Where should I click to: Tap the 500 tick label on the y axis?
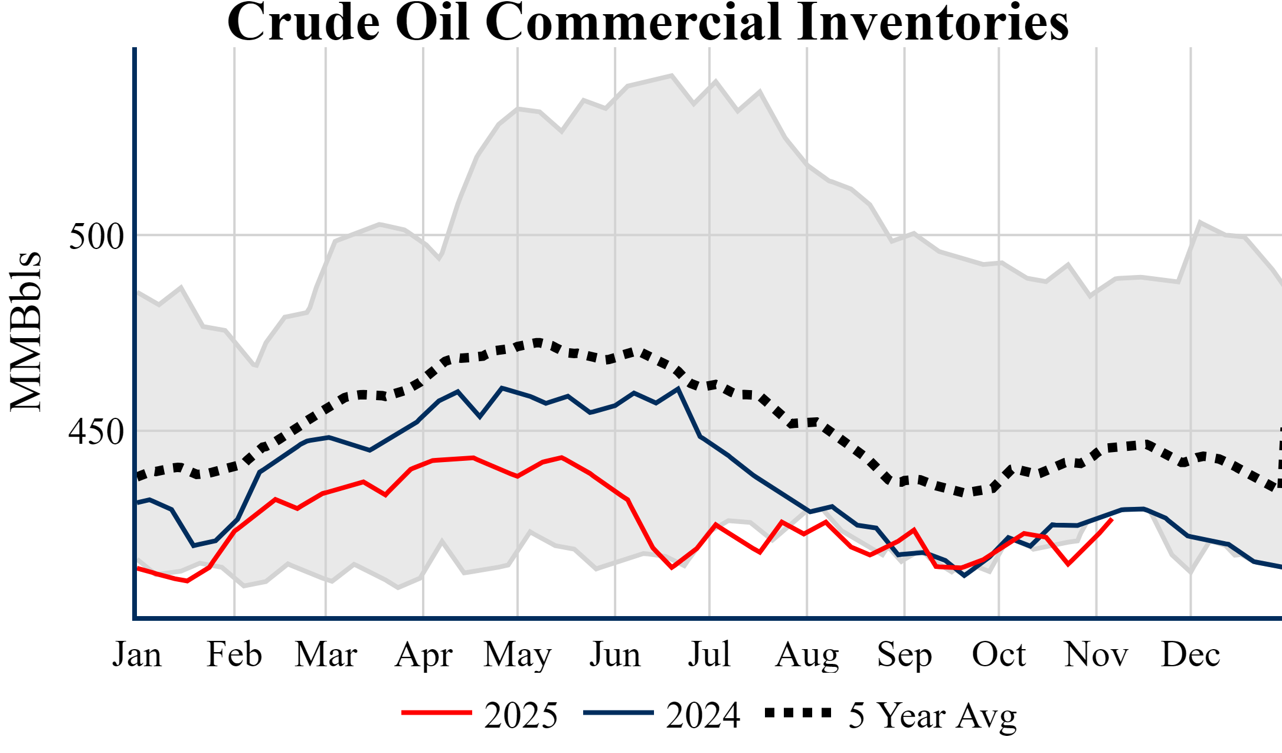pos(96,237)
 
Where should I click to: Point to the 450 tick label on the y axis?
pos(96,432)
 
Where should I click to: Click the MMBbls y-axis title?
pos(26,332)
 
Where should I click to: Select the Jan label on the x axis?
pos(137,654)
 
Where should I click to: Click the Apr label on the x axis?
pos(423,654)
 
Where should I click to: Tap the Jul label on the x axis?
pos(709,654)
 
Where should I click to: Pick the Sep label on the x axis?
pos(904,654)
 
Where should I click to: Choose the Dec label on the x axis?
pos(1191,654)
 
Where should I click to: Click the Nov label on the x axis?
pos(1096,654)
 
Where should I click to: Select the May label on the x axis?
pos(518,654)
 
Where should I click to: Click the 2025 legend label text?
pos(521,716)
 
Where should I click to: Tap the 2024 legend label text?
pos(703,716)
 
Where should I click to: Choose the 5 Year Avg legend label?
pos(933,716)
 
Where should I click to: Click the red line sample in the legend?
pos(437,713)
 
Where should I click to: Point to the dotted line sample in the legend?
pos(798,713)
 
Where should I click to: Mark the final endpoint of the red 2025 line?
pos(1112,519)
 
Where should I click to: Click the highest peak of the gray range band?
pos(672,75)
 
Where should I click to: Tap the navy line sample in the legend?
pos(619,713)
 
